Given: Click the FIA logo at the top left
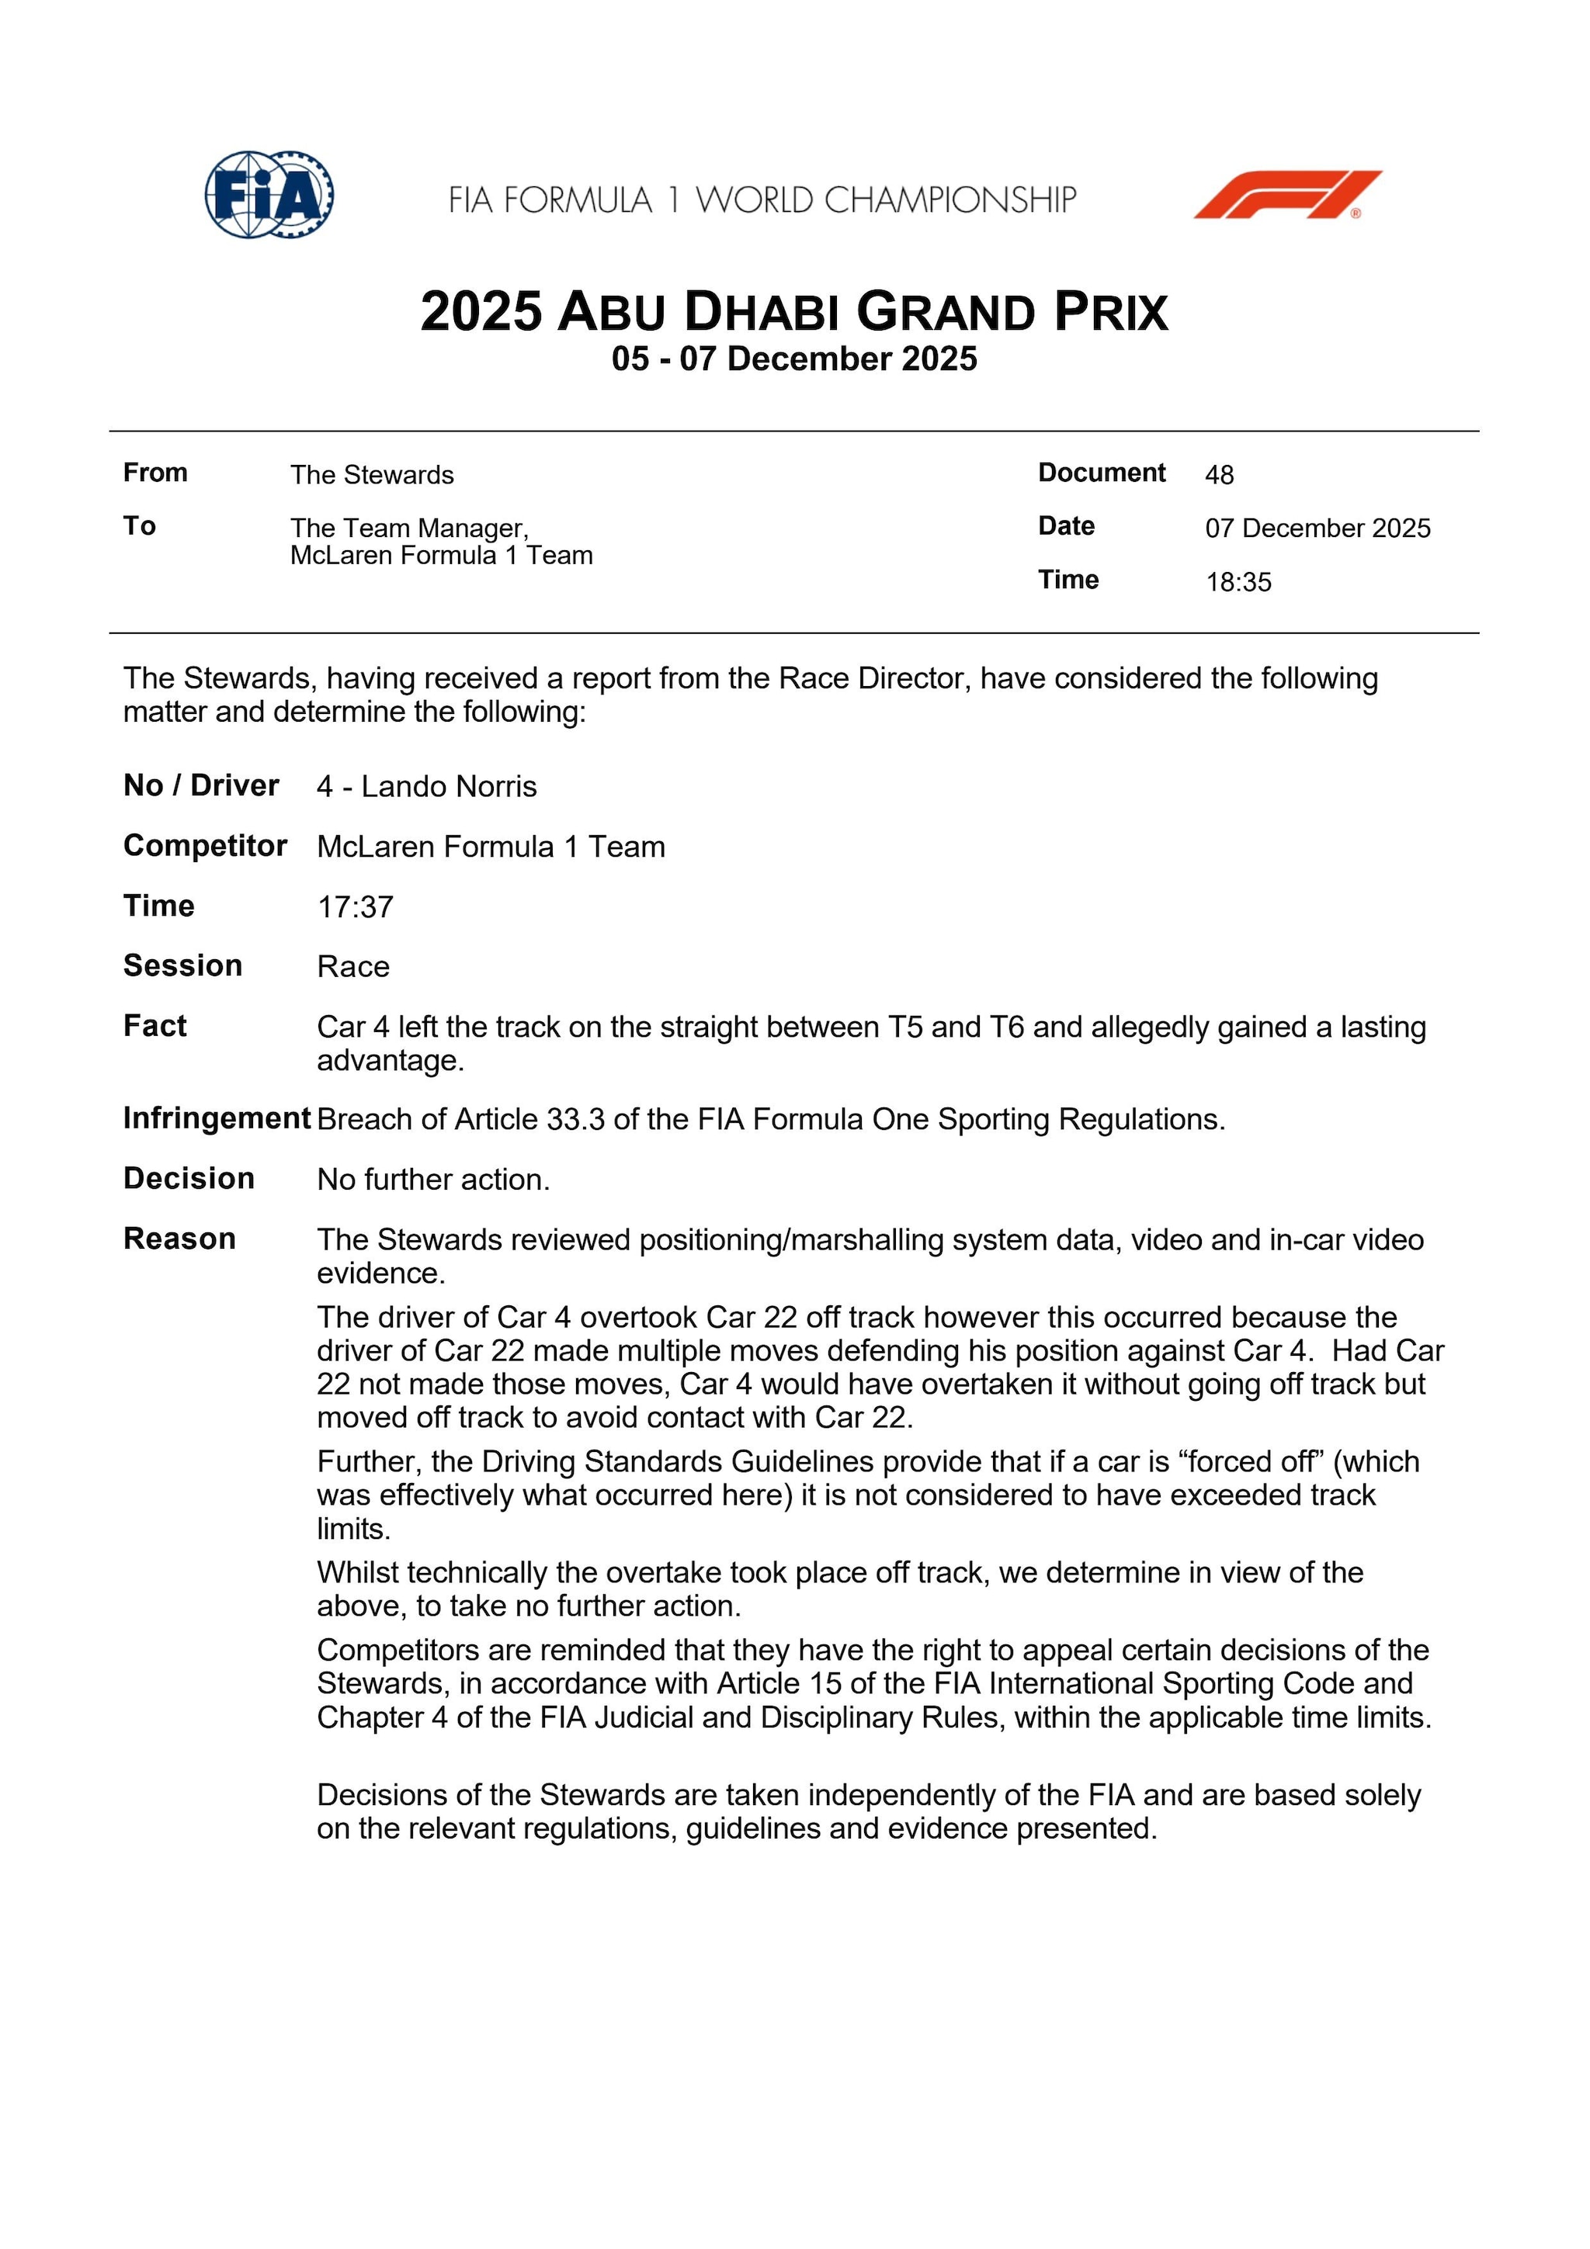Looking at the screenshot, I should pos(269,194).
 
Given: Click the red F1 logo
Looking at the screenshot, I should pos(1286,194).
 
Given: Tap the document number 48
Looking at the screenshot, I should pos(1219,475).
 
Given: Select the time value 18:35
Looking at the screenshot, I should pos(1238,582).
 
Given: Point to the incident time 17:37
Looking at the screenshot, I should pos(355,907).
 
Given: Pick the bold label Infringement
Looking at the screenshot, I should pos(217,1118).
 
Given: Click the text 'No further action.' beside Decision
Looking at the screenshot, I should pos(433,1180).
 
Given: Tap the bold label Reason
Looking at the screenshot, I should pos(179,1239).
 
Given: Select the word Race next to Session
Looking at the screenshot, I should pos(352,967).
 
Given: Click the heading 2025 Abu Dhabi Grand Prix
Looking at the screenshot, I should pos(793,311).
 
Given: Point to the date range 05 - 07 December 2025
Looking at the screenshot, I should pos(793,359).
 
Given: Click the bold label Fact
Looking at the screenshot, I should pos(154,1026).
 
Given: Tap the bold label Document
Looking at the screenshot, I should pos(1101,473).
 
